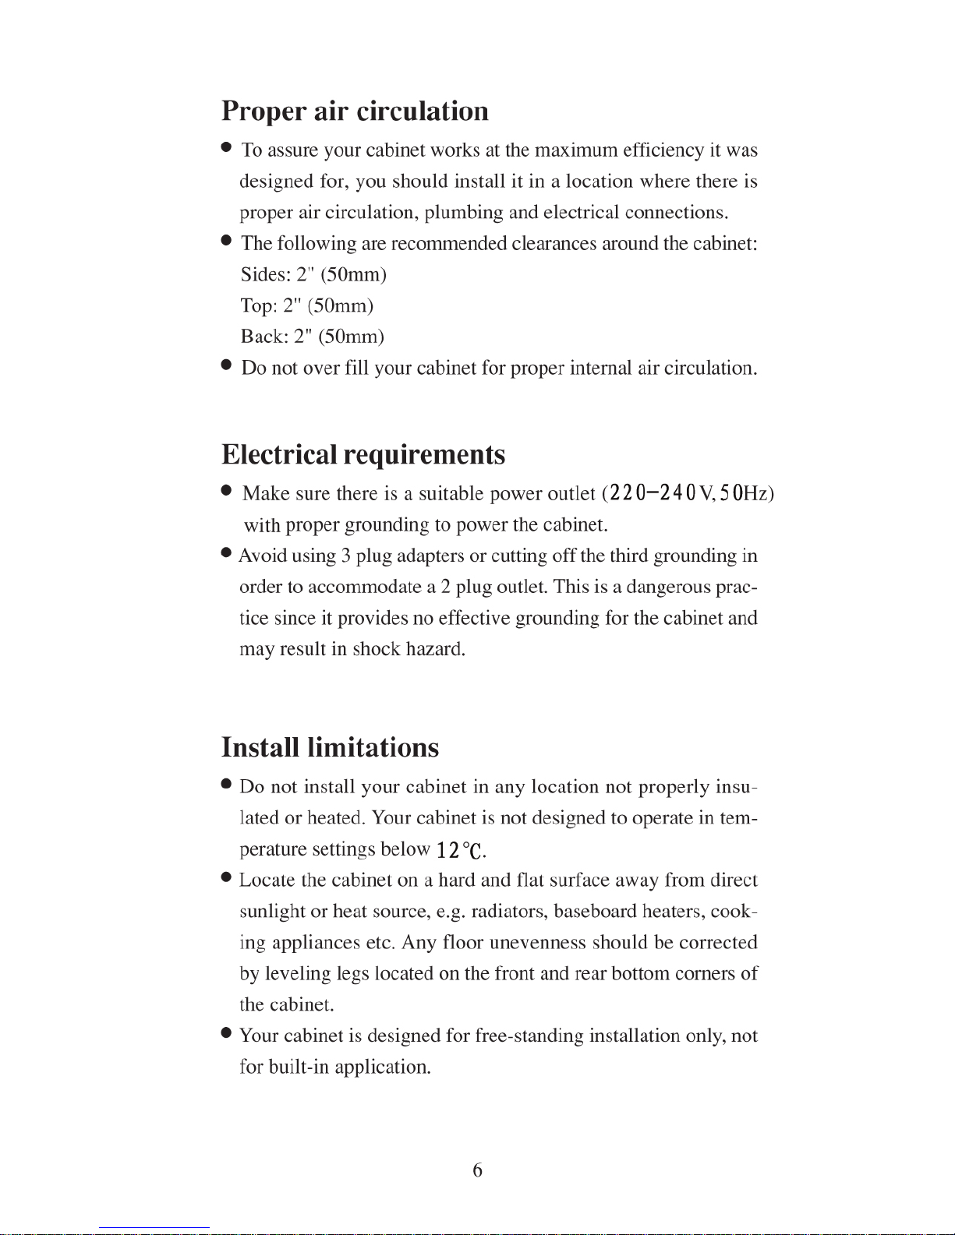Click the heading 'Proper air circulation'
point(355,111)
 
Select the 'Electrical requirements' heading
point(363,454)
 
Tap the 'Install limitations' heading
point(331,747)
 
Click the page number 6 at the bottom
point(477,1170)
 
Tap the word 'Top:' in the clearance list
point(258,305)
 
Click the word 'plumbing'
point(463,213)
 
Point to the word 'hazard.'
point(436,649)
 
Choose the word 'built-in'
point(298,1067)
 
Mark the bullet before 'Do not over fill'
point(226,364)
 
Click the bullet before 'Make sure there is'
point(226,490)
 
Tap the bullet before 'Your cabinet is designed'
point(226,1032)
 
